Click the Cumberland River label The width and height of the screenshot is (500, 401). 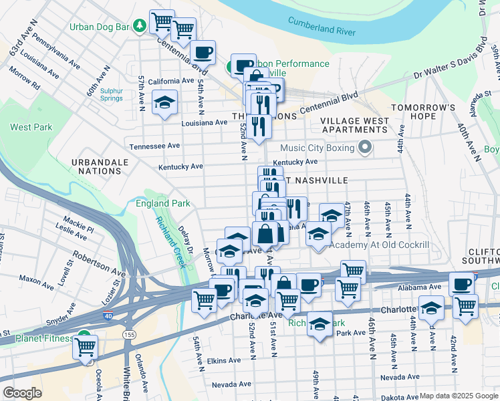click(x=322, y=26)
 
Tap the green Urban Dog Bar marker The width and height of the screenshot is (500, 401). click(x=140, y=25)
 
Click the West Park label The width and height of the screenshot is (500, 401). click(x=31, y=126)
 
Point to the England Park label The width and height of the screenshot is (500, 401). click(x=162, y=203)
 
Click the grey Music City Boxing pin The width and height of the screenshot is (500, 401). click(x=364, y=147)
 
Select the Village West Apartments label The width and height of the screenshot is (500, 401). click(x=354, y=125)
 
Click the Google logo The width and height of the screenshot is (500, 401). click(x=22, y=393)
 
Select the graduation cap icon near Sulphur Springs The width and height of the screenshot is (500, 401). click(x=164, y=102)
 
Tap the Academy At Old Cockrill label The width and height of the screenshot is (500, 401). click(x=380, y=245)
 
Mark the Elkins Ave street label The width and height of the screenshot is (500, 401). click(x=224, y=360)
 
